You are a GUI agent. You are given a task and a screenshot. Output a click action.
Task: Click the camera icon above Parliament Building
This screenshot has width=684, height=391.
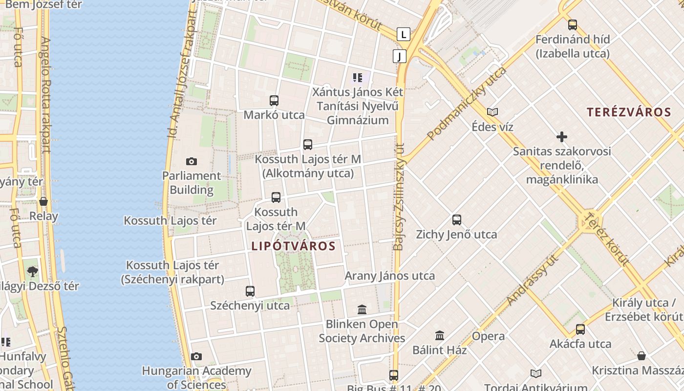coord(192,161)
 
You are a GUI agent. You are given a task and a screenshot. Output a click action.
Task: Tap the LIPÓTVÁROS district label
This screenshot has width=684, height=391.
coord(294,246)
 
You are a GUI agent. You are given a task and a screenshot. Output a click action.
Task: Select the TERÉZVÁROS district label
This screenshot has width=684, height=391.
coord(629,112)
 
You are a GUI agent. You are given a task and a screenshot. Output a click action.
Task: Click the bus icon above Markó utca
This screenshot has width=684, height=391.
coord(274,101)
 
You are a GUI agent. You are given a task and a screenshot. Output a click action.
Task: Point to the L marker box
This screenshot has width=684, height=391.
coord(403,34)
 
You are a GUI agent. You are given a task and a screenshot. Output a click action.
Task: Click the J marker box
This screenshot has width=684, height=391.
coord(399,56)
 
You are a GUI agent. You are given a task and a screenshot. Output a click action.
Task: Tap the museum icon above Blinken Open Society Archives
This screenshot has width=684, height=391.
coord(362,309)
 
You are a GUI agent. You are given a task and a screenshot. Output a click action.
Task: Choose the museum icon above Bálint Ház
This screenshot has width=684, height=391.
coord(440,336)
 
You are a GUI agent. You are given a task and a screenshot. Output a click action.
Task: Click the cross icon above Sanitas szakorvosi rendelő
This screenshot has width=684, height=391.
coord(562,137)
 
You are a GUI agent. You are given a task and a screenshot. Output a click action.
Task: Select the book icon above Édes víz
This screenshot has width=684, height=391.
coord(492,112)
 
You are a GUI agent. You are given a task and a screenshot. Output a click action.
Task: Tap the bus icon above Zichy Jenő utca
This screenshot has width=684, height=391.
coord(457,220)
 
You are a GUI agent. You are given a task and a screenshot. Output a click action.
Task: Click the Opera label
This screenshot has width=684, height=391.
coord(488,336)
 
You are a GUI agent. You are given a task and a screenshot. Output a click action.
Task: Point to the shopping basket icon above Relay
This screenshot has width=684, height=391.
coord(43,201)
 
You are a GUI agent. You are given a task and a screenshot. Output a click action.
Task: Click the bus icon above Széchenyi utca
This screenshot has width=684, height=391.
coord(250,291)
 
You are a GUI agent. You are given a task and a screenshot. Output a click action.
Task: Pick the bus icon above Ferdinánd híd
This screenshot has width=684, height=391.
coord(573,25)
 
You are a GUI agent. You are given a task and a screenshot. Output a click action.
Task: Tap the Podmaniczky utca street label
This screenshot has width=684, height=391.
coord(467,104)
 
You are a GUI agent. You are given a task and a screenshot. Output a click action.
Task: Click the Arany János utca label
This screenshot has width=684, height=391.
coord(390,276)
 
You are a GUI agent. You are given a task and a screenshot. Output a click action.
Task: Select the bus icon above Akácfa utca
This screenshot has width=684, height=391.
coord(580,329)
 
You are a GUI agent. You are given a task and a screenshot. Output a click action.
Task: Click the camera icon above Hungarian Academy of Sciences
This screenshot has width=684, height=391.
coord(196,357)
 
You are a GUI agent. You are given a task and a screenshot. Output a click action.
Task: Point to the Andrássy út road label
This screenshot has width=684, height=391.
coord(533,281)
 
